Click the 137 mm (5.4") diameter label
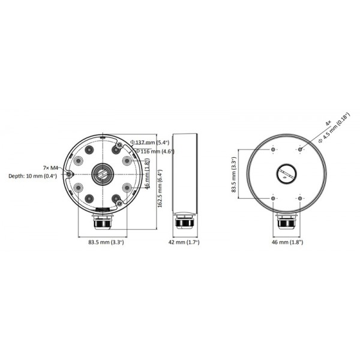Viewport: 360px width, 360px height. click(153, 143)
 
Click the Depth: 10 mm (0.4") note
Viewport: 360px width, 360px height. click(32, 176)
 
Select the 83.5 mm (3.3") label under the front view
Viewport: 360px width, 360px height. click(106, 242)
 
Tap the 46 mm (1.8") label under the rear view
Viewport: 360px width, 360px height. click(287, 242)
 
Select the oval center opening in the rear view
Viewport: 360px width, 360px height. click(286, 174)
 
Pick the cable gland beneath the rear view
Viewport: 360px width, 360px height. click(286, 225)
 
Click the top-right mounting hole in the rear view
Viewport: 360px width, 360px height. click(300, 149)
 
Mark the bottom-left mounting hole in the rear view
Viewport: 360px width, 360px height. click(273, 199)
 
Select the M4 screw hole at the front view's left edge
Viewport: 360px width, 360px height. click(70, 174)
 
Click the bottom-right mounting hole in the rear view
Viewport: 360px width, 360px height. click(300, 199)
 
